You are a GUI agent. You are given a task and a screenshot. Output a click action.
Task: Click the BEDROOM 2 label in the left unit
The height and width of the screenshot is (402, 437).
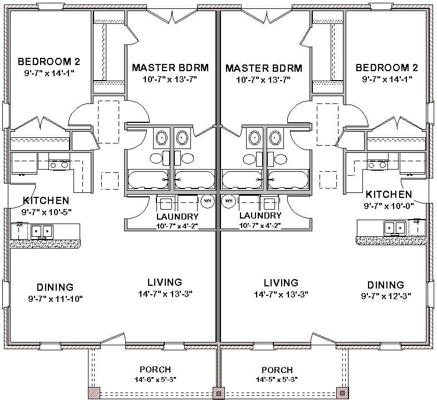[45, 61]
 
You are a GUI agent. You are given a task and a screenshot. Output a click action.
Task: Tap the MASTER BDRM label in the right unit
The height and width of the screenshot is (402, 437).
[264, 68]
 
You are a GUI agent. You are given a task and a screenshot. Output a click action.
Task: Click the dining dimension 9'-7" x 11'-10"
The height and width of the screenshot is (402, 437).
[55, 299]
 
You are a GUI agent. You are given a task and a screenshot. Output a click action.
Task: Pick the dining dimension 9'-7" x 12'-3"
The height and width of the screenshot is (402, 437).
[382, 296]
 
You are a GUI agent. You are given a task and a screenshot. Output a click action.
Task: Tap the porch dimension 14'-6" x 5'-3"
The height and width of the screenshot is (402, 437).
[155, 380]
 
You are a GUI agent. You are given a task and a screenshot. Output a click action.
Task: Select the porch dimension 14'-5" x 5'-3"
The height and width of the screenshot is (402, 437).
[277, 381]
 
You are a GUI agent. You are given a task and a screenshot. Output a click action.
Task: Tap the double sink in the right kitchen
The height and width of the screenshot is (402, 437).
[395, 227]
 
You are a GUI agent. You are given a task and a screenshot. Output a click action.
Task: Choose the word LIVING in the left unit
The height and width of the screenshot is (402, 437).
[165, 282]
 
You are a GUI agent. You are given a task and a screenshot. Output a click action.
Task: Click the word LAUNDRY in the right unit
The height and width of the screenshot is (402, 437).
[260, 216]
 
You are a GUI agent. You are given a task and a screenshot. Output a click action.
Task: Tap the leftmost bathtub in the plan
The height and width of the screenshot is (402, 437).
[148, 179]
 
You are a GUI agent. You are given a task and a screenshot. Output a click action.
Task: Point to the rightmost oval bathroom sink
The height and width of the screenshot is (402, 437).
[274, 137]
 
